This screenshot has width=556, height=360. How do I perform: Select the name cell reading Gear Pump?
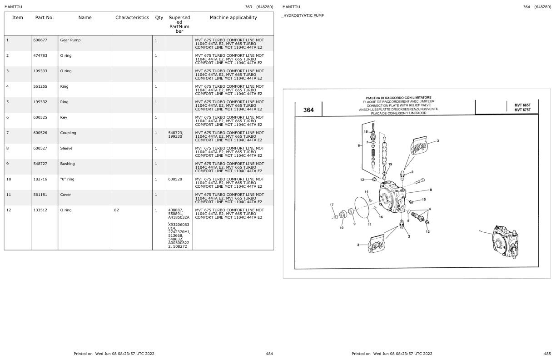point(70,40)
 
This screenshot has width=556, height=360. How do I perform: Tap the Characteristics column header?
point(132,18)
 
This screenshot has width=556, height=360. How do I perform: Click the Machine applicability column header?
point(233,18)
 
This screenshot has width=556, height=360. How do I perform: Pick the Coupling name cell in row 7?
point(68,133)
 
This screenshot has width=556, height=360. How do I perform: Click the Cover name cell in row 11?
point(65,195)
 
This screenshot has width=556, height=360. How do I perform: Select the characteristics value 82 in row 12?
point(117,210)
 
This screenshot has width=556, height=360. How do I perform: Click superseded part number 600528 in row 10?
point(175,179)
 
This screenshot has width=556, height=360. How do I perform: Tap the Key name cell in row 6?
point(64,117)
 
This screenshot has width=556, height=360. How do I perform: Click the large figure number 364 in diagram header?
point(308,110)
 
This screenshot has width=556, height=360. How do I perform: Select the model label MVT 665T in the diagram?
point(522,105)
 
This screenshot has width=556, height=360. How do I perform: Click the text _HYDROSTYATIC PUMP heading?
point(303,15)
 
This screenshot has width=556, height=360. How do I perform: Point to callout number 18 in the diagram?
point(366,131)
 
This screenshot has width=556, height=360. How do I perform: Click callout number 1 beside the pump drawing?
point(480,231)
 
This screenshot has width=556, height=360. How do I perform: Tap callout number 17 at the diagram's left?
point(332,205)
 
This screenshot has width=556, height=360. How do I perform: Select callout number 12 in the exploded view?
point(427,232)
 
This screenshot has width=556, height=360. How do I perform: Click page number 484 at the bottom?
point(269,354)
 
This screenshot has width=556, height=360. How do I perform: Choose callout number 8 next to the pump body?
point(431,190)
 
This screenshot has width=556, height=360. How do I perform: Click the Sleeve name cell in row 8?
point(66,148)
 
